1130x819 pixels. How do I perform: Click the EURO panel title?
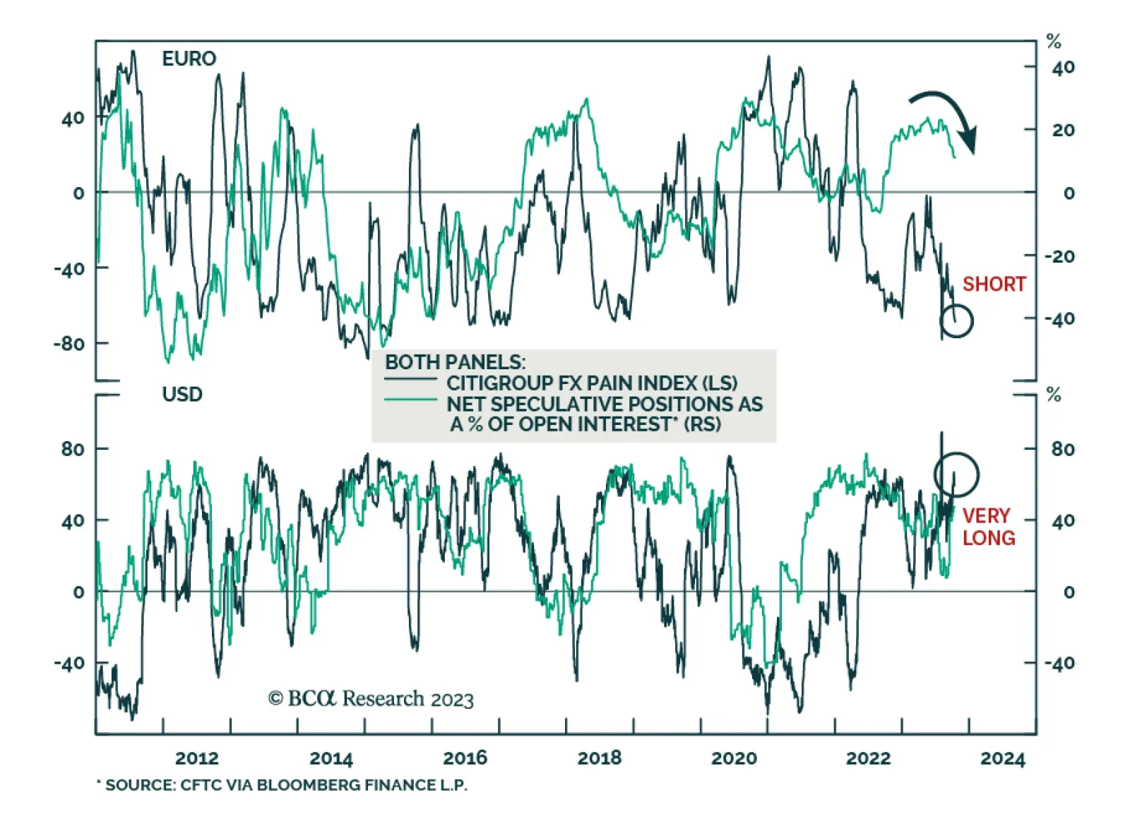click(x=189, y=59)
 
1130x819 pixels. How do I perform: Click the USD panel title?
click(x=182, y=394)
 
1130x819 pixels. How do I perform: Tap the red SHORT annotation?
click(x=994, y=284)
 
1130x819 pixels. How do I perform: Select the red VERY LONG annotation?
click(x=988, y=527)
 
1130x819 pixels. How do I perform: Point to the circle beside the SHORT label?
click(x=956, y=321)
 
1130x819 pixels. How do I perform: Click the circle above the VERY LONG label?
click(x=956, y=474)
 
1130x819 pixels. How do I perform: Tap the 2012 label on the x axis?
click(x=196, y=758)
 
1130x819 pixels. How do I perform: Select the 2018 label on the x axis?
click(x=600, y=758)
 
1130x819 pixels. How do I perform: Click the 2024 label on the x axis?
click(x=1002, y=758)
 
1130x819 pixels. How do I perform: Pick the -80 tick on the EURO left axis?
click(x=69, y=344)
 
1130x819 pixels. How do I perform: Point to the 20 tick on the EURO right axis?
click(x=1062, y=130)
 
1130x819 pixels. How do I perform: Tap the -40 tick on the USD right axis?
click(x=1059, y=663)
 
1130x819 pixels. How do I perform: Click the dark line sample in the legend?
click(x=411, y=381)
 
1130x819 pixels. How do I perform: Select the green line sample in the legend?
click(x=411, y=400)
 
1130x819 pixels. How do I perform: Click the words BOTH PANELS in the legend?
click(x=455, y=362)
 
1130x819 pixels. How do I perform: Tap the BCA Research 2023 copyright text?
click(x=371, y=699)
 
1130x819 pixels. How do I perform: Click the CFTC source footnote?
click(x=282, y=785)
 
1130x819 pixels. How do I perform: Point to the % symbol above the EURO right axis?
click(x=1054, y=42)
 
